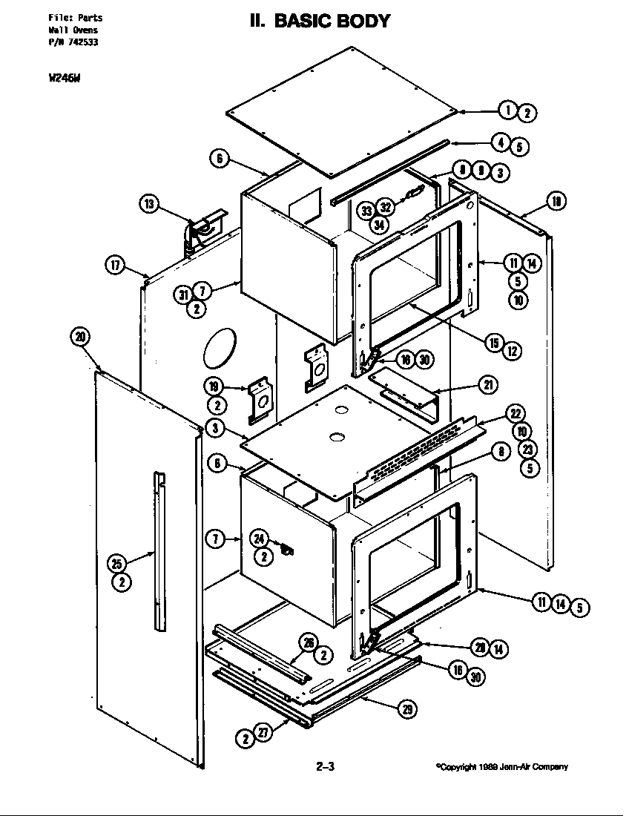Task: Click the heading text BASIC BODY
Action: pos(332,21)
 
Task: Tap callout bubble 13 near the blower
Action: pos(150,204)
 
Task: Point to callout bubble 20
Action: pos(80,337)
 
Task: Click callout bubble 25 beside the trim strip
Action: pos(116,565)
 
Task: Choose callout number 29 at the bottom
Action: pos(407,710)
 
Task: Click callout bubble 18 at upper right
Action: pos(556,200)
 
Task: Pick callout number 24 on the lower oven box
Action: pos(259,539)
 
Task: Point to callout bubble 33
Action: pos(366,211)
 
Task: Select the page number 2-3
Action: pos(326,767)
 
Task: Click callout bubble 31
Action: pos(183,295)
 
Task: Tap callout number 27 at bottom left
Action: pos(263,733)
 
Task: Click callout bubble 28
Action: pos(481,648)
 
